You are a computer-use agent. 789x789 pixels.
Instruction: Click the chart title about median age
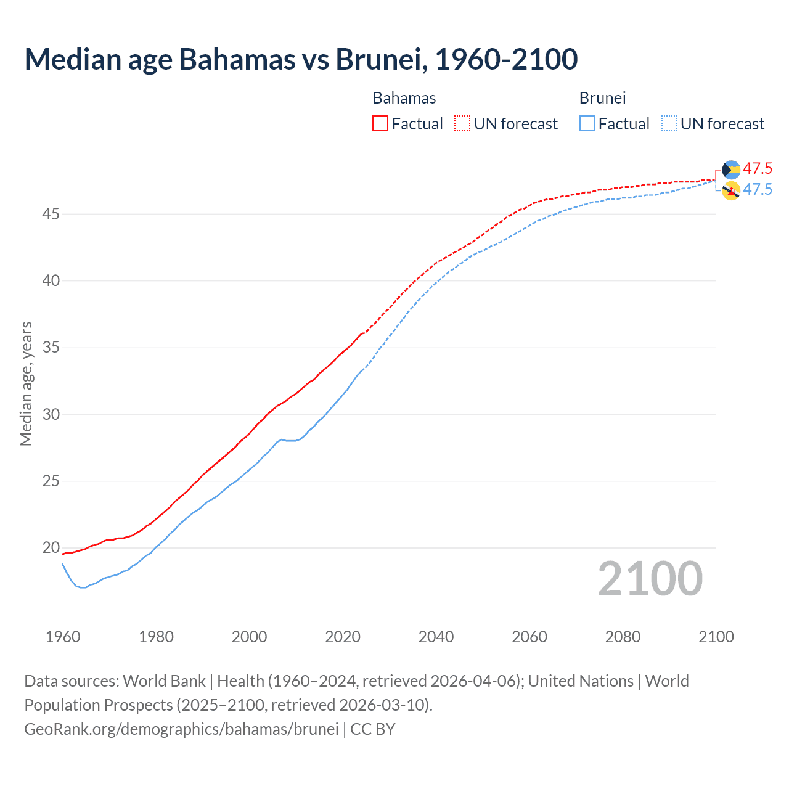[x=301, y=59]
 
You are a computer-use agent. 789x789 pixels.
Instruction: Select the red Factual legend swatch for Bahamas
[x=380, y=123]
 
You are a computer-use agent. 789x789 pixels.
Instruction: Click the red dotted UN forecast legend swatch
[x=462, y=123]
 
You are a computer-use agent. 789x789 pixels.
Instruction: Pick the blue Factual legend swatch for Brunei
[x=587, y=123]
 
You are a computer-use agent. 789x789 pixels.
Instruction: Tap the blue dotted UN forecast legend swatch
[x=669, y=123]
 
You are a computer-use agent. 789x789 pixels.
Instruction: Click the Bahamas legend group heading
[x=404, y=98]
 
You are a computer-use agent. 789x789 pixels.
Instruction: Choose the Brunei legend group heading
[x=602, y=98]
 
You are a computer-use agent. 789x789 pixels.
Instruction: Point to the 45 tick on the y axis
[x=51, y=215]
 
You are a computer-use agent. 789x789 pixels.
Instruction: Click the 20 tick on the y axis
[x=51, y=547]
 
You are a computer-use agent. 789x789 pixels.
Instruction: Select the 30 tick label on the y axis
[x=51, y=414]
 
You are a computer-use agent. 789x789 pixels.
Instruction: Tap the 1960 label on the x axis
[x=63, y=637]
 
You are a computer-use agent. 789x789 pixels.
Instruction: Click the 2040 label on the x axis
[x=436, y=637]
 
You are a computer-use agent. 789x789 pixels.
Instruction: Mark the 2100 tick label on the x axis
[x=716, y=637]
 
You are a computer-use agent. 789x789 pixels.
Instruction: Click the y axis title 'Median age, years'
[x=26, y=383]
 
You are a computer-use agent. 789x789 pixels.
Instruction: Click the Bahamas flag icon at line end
[x=731, y=170]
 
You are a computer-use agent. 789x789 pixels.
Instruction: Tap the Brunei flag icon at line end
[x=731, y=191]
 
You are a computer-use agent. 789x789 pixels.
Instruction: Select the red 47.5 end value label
[x=758, y=168]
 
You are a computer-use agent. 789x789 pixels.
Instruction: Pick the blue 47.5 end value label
[x=758, y=189]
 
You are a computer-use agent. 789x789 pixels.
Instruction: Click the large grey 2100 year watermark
[x=650, y=578]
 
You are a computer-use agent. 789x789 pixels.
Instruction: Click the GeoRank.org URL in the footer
[x=181, y=729]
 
